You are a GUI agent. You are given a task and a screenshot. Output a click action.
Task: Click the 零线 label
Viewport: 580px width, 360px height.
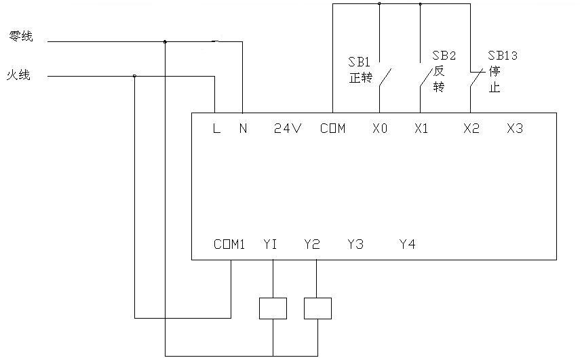pyautogui.click(x=21, y=36)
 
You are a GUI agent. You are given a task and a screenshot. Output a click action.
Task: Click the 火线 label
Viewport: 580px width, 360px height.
pyautogui.click(x=18, y=75)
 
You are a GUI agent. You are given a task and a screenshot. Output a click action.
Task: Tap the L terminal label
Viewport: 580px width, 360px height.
pyautogui.click(x=217, y=128)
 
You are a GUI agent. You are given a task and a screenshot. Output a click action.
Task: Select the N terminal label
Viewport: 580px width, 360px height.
pyautogui.click(x=243, y=128)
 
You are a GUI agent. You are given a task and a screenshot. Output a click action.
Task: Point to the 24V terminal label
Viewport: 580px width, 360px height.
pyautogui.click(x=288, y=128)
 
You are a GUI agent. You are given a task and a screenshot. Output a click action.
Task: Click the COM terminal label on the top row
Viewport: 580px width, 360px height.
pyautogui.click(x=333, y=128)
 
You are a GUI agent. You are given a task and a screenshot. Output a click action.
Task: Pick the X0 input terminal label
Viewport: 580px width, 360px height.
pyautogui.click(x=380, y=128)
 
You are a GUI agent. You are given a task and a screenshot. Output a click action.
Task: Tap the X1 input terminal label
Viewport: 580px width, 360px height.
pyautogui.click(x=421, y=128)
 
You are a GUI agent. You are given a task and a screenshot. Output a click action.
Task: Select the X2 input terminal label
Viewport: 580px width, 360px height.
pyautogui.click(x=471, y=128)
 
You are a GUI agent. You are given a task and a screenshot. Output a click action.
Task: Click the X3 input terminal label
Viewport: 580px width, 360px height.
pyautogui.click(x=515, y=128)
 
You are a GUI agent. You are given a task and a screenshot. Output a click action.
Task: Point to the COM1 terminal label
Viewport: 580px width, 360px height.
pyautogui.click(x=229, y=244)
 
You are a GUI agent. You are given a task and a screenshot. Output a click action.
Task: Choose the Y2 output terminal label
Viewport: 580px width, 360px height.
pyautogui.click(x=312, y=244)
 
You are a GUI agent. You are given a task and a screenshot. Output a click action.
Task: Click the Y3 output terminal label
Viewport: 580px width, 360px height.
pyautogui.click(x=355, y=244)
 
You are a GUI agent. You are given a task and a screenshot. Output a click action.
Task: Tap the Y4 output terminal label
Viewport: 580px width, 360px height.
pyautogui.click(x=408, y=244)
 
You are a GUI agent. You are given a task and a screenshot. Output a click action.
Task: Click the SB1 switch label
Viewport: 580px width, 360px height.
pyautogui.click(x=359, y=62)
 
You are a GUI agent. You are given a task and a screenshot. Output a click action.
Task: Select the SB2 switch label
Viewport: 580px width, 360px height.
pyautogui.click(x=444, y=56)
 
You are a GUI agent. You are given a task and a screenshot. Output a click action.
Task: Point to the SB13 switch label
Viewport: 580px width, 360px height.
pyautogui.click(x=503, y=56)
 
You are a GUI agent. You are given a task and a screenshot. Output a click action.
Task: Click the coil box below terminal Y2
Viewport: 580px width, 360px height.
pyautogui.click(x=317, y=308)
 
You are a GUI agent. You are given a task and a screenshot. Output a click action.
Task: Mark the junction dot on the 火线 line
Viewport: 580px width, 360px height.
pyautogui.click(x=134, y=76)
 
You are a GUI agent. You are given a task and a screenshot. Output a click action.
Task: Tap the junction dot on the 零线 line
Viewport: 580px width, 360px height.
pyautogui.click(x=165, y=42)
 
